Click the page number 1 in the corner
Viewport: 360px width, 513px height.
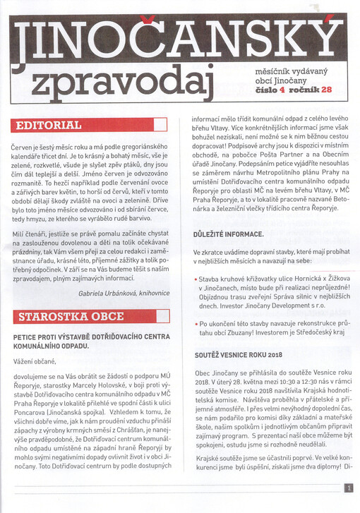pyautogui.click(x=349, y=487)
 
